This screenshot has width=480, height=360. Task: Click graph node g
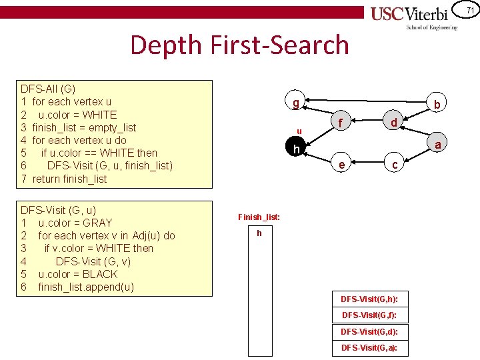(295, 103)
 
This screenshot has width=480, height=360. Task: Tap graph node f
(341, 123)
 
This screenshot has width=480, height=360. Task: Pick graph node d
(395, 123)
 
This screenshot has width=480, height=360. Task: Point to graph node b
(437, 105)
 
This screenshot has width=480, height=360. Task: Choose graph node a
(438, 145)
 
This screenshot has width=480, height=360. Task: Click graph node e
(341, 165)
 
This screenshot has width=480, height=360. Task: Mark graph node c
(395, 165)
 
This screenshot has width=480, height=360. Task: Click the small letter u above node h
(299, 131)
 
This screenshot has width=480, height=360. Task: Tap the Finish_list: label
(259, 217)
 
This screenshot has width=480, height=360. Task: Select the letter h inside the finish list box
(259, 233)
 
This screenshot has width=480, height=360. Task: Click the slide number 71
(469, 10)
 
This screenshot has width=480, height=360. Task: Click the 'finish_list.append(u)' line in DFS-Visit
(86, 287)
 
